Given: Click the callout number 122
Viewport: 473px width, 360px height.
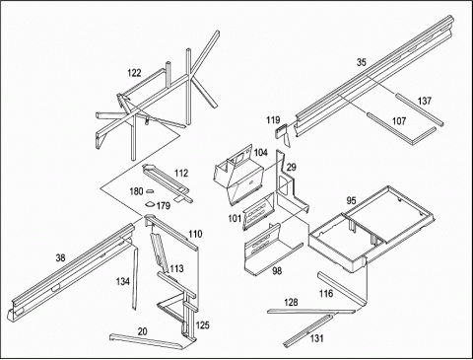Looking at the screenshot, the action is point(134,73).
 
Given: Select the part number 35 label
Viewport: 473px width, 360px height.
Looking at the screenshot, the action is point(362,62).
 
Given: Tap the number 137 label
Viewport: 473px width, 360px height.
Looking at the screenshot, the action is point(425,101).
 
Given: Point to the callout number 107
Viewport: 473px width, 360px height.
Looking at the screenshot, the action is point(399,121).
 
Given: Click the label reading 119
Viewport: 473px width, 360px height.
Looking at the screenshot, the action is point(273,120).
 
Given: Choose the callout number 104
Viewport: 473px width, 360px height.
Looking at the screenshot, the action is point(261,153).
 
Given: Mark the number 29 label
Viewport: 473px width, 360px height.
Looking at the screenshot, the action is point(292,168).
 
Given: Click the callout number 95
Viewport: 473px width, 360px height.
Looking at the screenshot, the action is point(351,200).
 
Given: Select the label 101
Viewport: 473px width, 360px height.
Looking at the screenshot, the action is point(235,218).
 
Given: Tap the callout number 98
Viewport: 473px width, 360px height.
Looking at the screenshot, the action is point(277,271).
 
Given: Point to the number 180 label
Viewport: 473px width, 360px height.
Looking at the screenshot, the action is point(136,191).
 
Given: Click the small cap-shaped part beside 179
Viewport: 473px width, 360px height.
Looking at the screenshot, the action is point(150,204).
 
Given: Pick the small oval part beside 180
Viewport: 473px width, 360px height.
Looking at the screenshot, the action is point(150,190).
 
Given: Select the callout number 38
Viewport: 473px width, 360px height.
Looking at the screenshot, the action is point(60,258).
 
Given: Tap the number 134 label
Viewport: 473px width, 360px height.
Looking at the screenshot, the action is point(122,281).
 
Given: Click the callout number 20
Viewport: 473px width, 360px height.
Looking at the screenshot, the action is point(142,331).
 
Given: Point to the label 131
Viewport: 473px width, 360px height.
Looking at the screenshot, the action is point(316,338).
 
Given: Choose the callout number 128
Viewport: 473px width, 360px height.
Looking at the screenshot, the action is point(291,302).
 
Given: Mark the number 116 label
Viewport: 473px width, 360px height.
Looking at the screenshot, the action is point(326,293).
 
